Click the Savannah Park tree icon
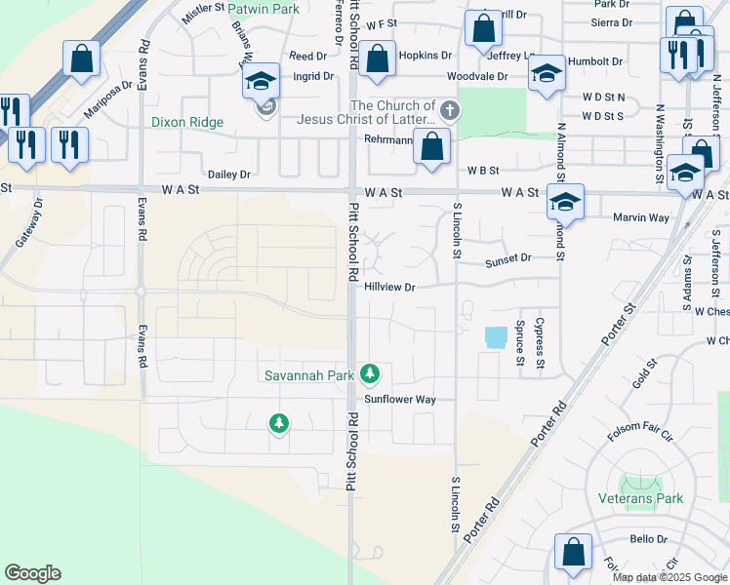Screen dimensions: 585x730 [370, 373]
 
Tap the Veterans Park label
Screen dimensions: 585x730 [640, 498]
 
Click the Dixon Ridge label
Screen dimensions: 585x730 [187, 123]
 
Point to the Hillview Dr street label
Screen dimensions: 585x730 [390, 287]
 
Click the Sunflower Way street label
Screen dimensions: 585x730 [400, 400]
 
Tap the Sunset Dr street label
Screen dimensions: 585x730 [507, 258]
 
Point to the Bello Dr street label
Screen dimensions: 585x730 [648, 538]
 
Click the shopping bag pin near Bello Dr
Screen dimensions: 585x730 [573, 552]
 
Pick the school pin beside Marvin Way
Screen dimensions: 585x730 [565, 202]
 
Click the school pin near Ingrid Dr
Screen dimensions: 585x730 [261, 81]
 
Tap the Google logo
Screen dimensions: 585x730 [32, 573]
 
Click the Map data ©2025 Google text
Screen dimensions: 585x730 [669, 577]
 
